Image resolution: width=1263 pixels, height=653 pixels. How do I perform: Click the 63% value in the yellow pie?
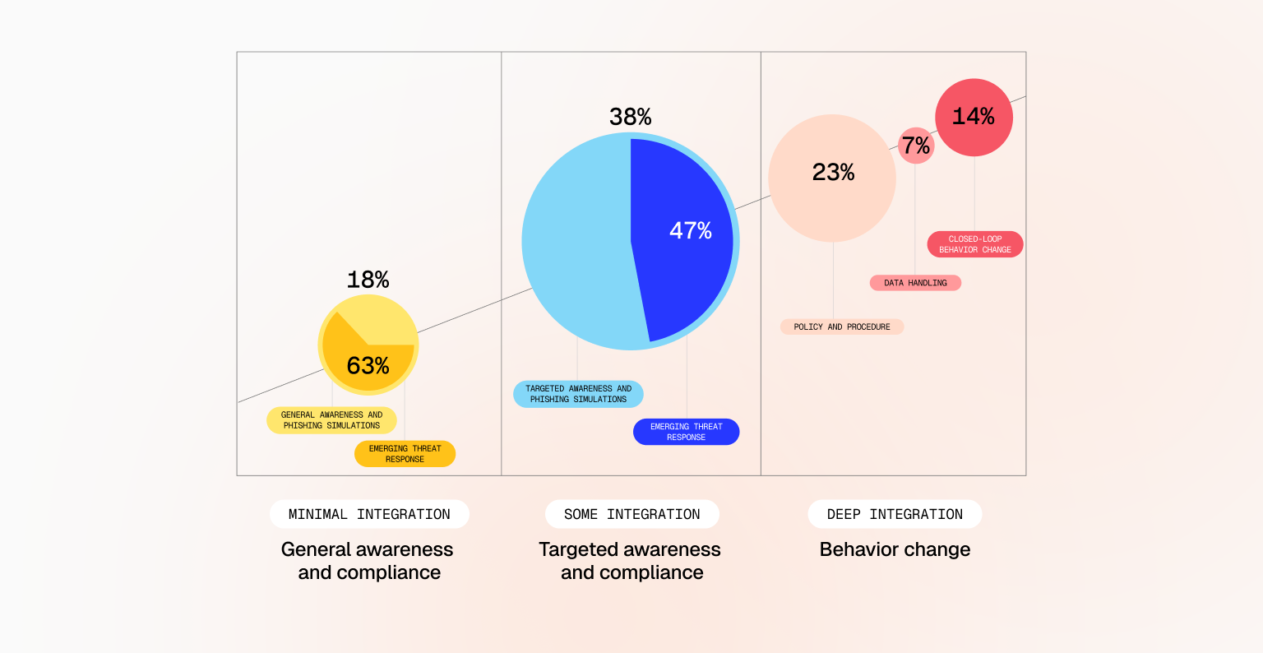click(x=368, y=366)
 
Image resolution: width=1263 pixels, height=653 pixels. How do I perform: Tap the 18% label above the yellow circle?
click(x=368, y=280)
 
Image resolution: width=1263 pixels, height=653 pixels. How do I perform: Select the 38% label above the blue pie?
click(x=630, y=118)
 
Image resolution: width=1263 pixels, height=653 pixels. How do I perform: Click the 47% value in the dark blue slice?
click(x=690, y=231)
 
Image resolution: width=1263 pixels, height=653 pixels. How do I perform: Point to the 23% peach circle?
click(x=832, y=178)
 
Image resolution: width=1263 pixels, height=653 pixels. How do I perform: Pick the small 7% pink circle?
click(x=915, y=146)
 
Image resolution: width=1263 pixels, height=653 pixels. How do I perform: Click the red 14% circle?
click(x=974, y=117)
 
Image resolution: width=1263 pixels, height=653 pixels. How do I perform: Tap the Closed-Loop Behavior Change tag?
click(x=975, y=244)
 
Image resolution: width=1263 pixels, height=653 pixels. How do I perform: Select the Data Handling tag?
click(x=915, y=283)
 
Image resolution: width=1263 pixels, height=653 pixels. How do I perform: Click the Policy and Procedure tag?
click(x=841, y=326)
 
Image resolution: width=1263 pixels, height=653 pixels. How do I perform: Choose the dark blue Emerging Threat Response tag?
click(x=686, y=432)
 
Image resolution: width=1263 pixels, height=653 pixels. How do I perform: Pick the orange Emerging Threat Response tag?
click(x=405, y=454)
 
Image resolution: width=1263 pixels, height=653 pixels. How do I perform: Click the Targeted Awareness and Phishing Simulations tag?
click(x=578, y=394)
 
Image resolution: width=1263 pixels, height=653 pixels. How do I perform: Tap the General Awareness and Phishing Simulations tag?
click(x=331, y=420)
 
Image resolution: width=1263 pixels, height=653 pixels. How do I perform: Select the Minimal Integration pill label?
click(x=369, y=514)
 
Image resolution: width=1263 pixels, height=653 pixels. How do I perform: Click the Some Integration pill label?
click(x=631, y=514)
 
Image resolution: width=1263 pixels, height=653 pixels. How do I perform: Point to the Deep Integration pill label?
click(x=895, y=514)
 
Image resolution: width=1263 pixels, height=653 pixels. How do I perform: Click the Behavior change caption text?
click(x=895, y=549)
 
